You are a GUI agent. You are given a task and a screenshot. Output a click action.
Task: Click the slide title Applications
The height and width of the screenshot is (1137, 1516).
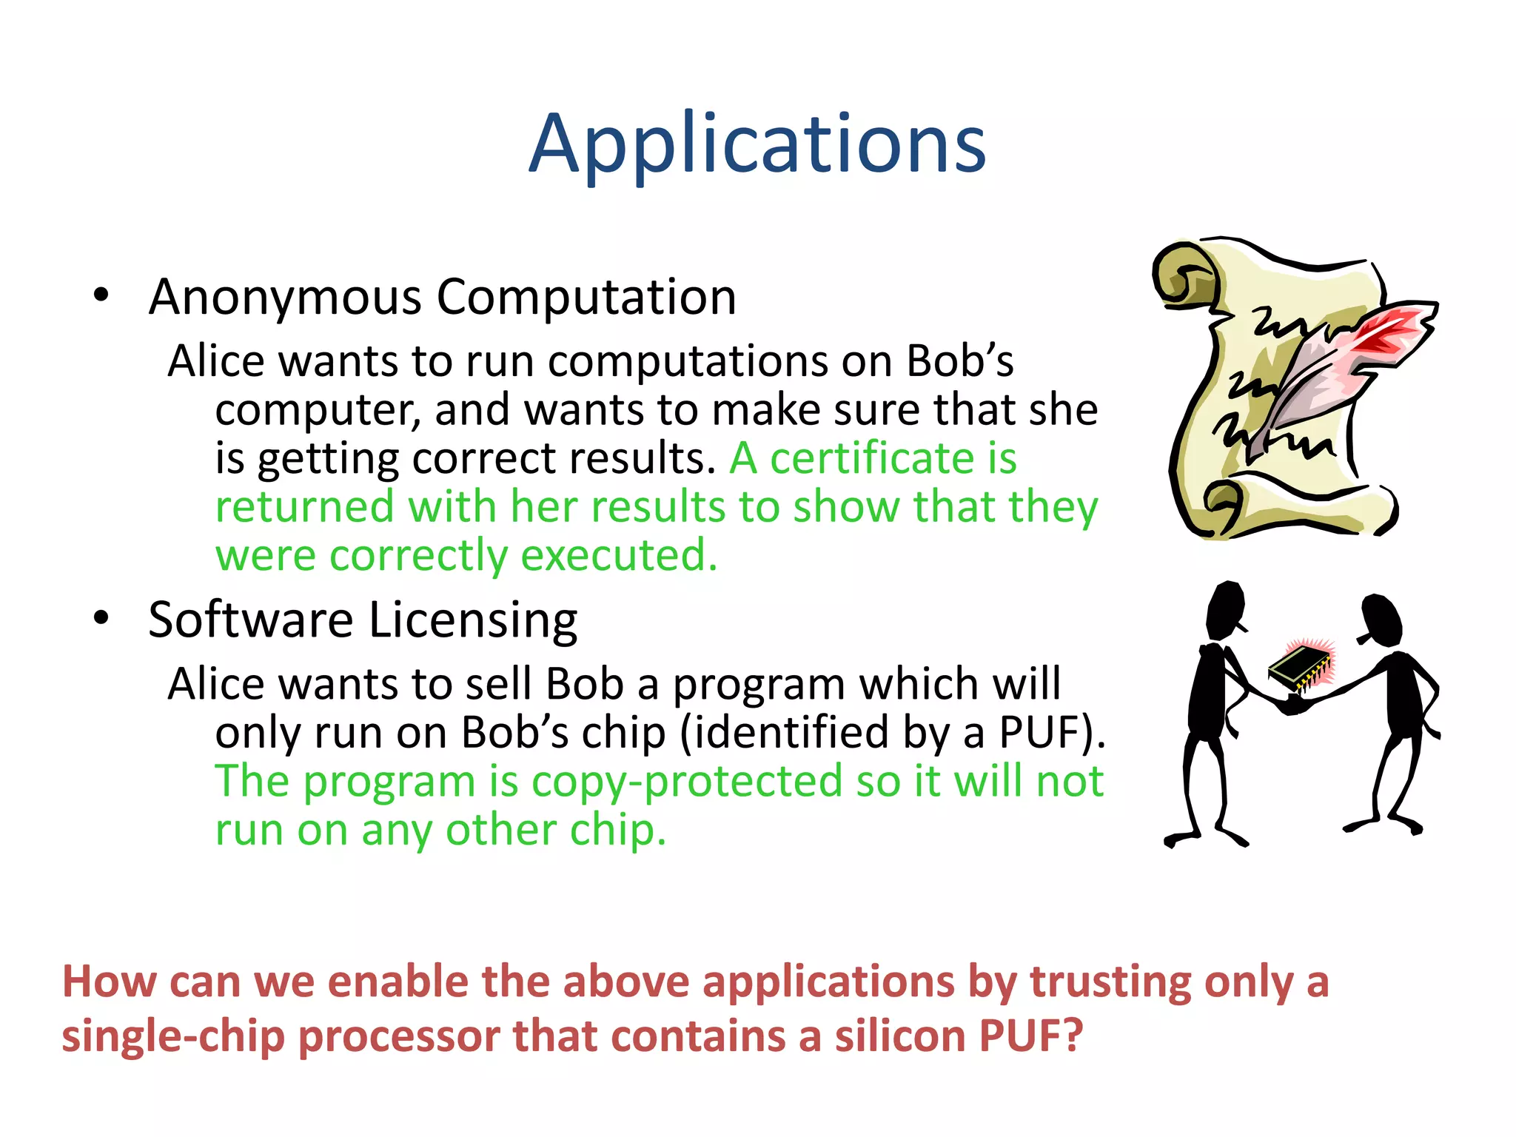[757, 144]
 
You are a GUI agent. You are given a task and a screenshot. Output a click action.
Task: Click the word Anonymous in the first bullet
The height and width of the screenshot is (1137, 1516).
[285, 298]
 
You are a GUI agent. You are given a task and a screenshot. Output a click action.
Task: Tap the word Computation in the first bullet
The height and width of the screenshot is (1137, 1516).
[586, 298]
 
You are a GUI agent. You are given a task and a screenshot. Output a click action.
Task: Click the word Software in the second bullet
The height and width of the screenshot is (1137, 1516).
[250, 620]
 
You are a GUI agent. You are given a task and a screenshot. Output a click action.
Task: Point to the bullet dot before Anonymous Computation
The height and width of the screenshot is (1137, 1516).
[101, 295]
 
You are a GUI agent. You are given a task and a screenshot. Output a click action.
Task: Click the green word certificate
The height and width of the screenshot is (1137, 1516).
[871, 459]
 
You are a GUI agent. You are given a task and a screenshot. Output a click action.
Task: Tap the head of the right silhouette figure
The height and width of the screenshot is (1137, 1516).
[1381, 619]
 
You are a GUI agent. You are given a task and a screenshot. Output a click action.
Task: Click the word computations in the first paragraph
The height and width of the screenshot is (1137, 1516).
[688, 362]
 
